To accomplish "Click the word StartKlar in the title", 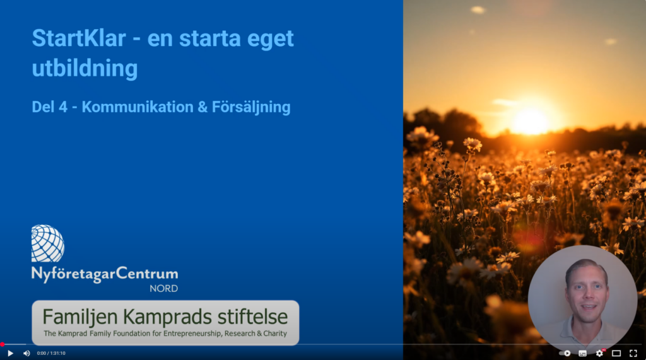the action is pos(79,38).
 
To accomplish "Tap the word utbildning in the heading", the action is pos(85,68).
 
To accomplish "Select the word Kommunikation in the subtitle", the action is pos(138,107).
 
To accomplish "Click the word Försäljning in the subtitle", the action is pos(251,107).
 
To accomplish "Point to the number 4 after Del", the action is pos(62,107).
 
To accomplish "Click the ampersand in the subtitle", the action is pos(203,107).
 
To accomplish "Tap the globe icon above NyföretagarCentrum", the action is pos(48,243).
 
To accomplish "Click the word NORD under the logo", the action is pos(163,289).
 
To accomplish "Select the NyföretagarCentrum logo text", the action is pos(105,274).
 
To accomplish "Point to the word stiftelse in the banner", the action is pos(252,316).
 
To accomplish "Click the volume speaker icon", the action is pos(26,354).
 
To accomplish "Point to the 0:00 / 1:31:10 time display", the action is pos(51,354).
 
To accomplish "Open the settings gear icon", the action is pos(599,354).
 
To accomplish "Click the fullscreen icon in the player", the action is pos(633,354).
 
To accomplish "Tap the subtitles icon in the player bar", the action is pos(582,354).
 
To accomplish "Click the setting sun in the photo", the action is pos(531,122).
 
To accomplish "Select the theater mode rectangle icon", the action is pos(616,354).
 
